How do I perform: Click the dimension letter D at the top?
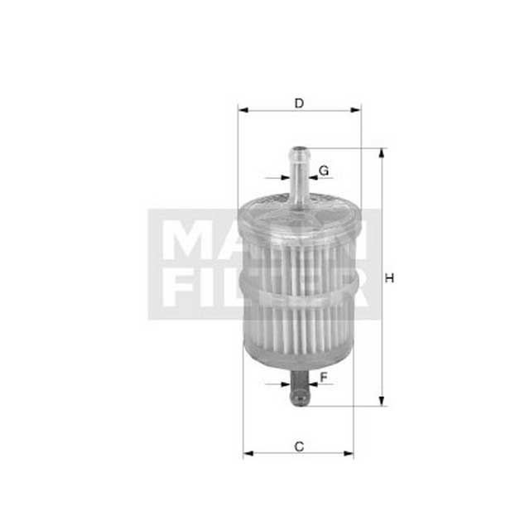(x=300, y=103)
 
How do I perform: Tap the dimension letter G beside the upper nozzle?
(x=324, y=171)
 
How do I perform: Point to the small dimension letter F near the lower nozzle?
(x=324, y=378)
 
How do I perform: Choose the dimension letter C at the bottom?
(x=299, y=447)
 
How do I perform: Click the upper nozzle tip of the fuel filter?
(x=299, y=152)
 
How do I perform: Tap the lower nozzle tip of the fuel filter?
(x=299, y=402)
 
